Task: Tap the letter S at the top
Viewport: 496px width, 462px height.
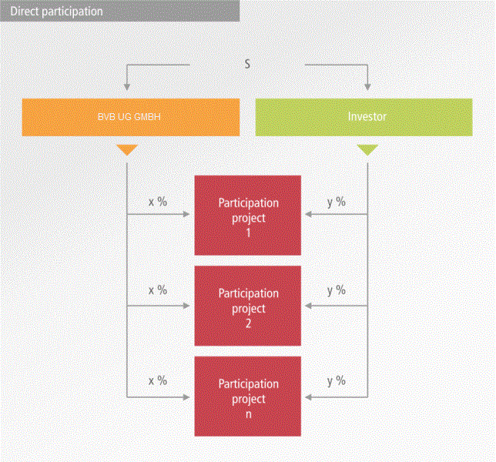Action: tap(247, 64)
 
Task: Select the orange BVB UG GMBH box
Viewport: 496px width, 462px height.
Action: tap(130, 117)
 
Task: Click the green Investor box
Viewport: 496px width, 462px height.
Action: tap(364, 117)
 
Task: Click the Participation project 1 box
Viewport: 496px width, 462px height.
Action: tap(248, 216)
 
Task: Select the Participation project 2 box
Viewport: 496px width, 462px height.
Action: tap(248, 307)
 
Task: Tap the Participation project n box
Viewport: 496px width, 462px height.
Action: tap(248, 397)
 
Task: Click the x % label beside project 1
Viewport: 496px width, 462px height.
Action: tap(157, 202)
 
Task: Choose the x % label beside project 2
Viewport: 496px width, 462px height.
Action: tap(157, 290)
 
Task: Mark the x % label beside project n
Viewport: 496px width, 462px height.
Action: tap(157, 380)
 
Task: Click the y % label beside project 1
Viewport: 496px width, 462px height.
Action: tap(337, 202)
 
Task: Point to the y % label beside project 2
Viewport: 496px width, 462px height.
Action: tap(337, 290)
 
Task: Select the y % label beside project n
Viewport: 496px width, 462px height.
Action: tap(337, 380)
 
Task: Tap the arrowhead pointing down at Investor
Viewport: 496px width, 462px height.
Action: tap(368, 85)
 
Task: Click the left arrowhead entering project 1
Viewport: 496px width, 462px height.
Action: tap(187, 216)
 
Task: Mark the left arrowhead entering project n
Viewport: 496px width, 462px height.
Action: tap(187, 397)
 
